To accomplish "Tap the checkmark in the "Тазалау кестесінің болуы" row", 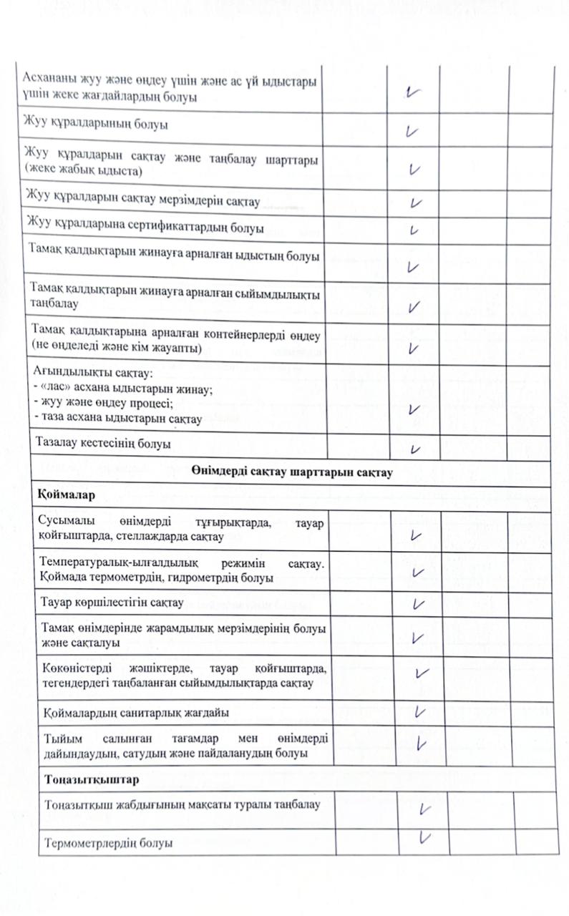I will coord(415,449).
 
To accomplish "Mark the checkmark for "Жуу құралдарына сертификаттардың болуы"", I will coord(414,230).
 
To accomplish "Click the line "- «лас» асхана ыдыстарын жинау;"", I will coord(124,389).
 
